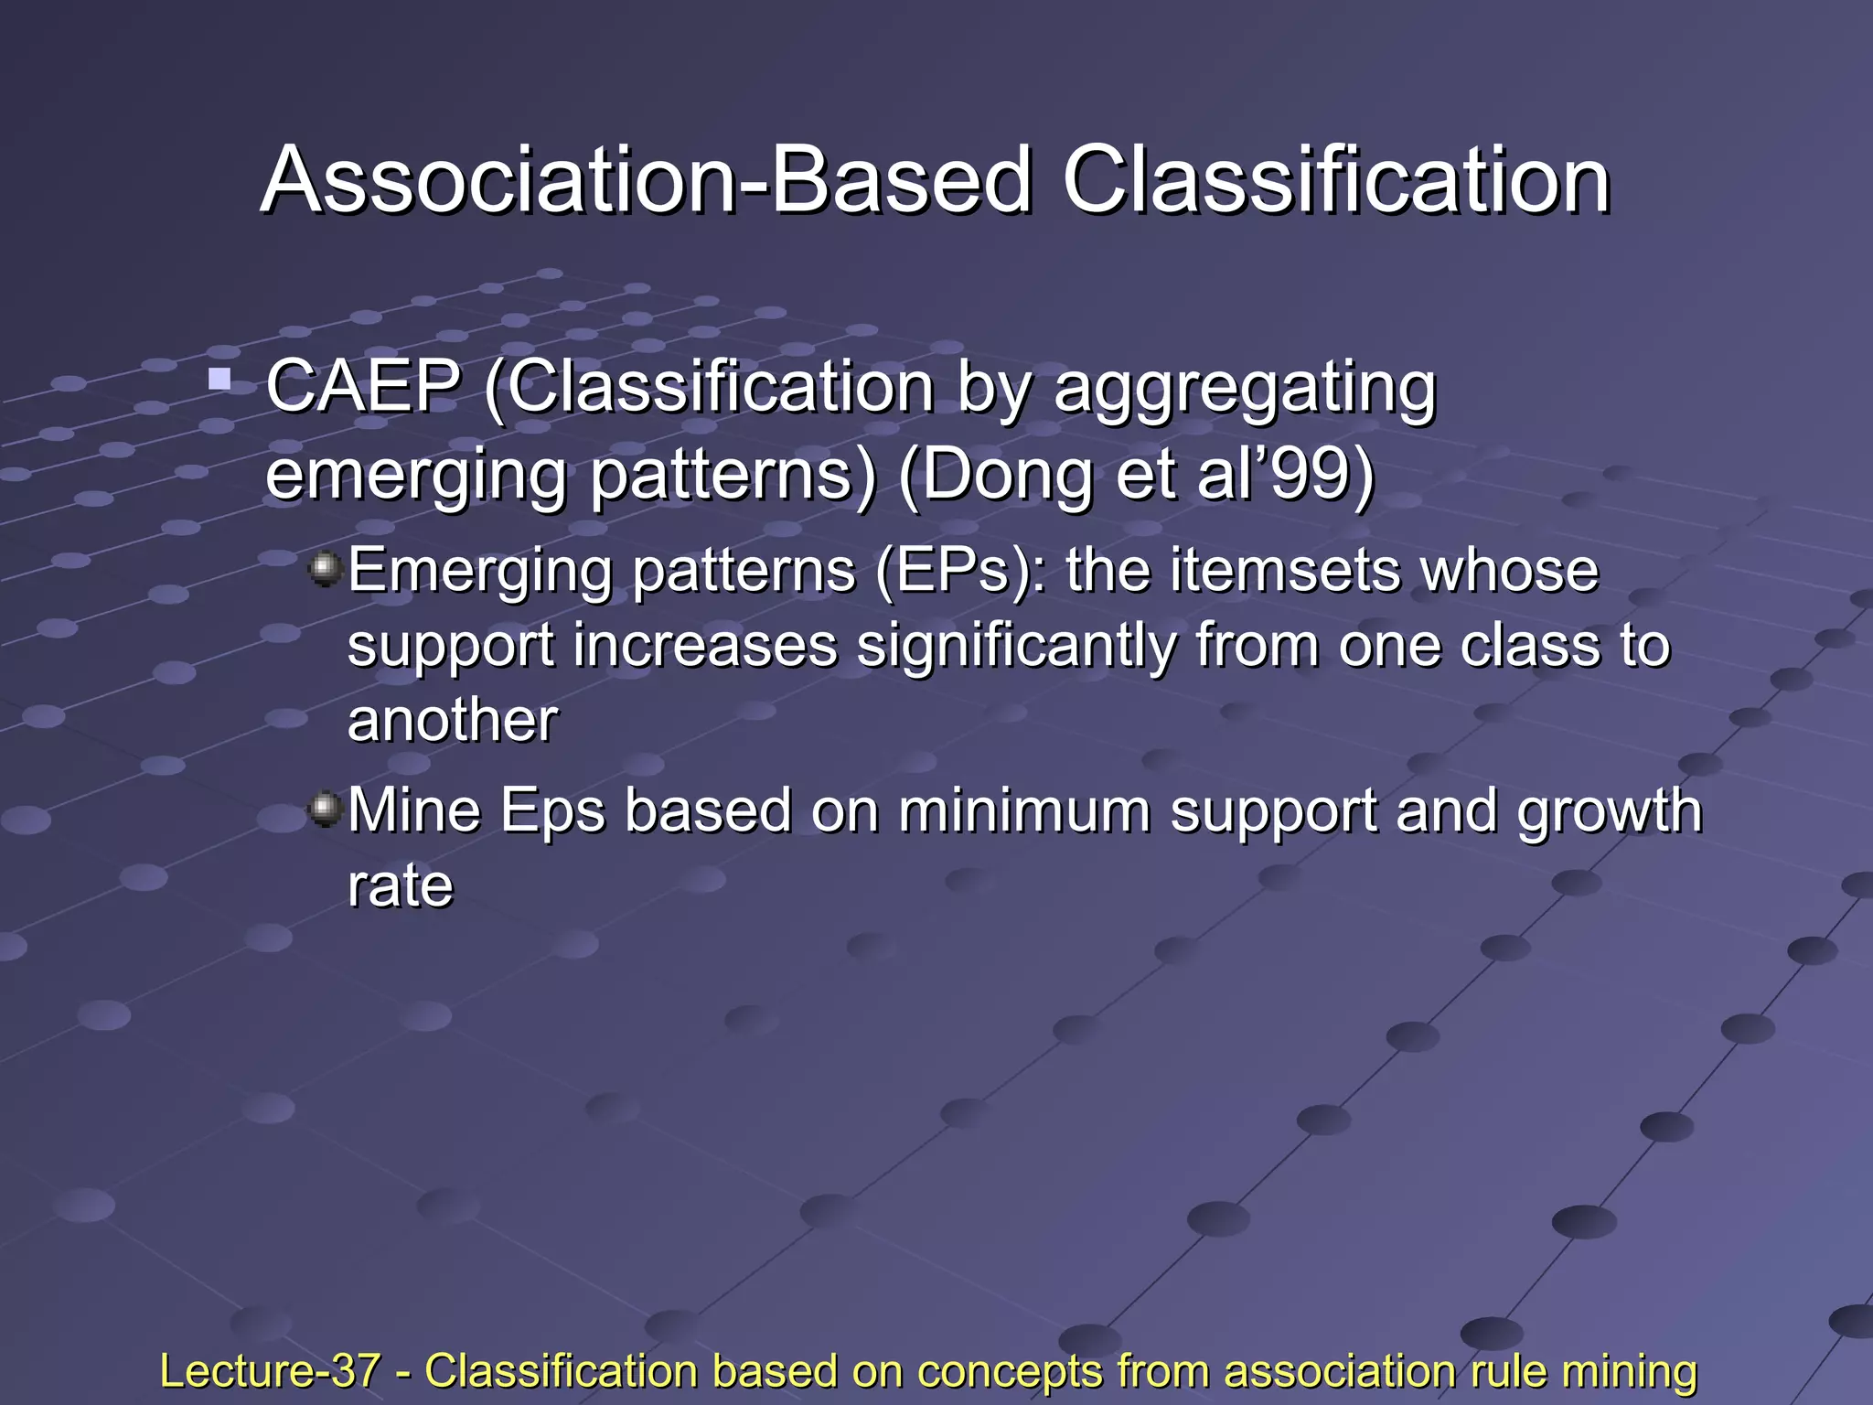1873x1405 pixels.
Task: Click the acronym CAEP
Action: pyautogui.click(x=362, y=388)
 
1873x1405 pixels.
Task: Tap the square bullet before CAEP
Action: pyautogui.click(x=219, y=378)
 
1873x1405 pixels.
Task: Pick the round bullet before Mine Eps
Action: pyautogui.click(x=325, y=809)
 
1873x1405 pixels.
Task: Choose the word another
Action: pyautogui.click(x=452, y=720)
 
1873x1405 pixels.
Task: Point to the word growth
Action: pyautogui.click(x=1609, y=812)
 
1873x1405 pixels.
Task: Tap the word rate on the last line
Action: pyautogui.click(x=400, y=886)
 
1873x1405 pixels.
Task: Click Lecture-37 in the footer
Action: pyautogui.click(x=270, y=1371)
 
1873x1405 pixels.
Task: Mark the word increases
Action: pyautogui.click(x=705, y=646)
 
